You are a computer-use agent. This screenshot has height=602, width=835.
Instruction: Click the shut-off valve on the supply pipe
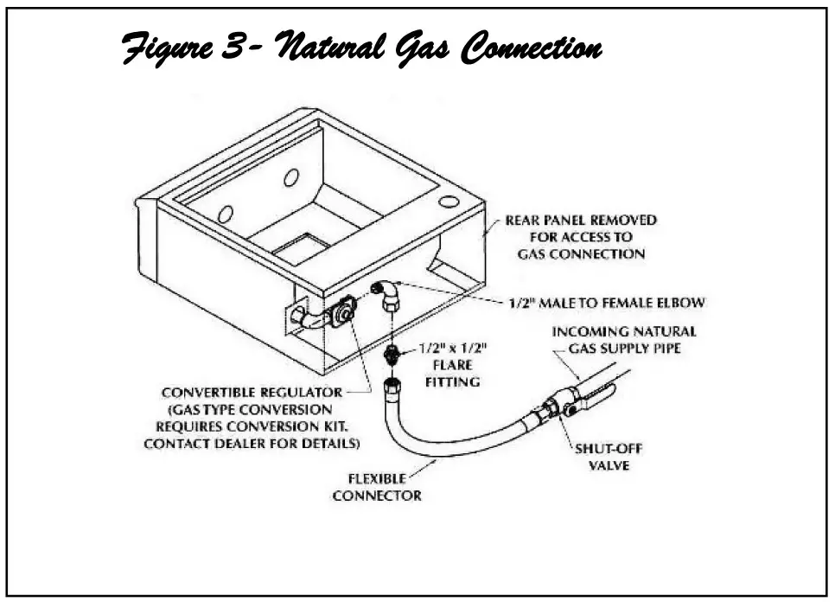tap(556, 406)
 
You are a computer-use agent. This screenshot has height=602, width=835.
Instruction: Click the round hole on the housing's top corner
tap(448, 201)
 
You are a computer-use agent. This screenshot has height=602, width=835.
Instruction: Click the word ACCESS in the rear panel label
tap(607, 237)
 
